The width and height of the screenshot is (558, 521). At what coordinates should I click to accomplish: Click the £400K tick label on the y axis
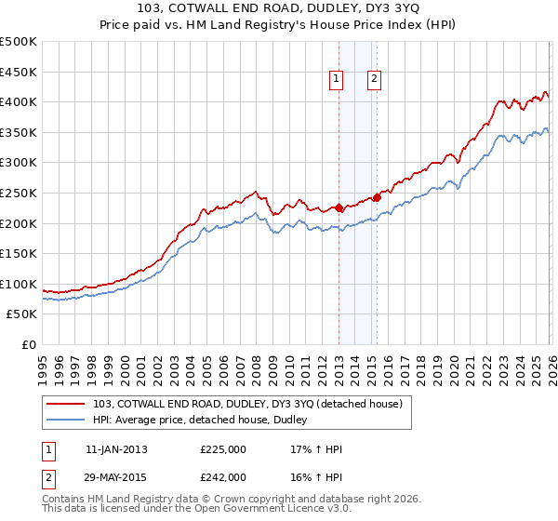(19, 102)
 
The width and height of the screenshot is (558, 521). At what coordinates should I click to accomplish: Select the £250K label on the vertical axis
(19, 193)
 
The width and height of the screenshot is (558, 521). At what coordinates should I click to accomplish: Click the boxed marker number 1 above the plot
(335, 80)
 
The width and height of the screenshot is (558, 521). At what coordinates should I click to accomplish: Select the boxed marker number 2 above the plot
(374, 80)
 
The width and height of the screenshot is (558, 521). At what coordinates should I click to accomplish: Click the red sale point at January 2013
(339, 208)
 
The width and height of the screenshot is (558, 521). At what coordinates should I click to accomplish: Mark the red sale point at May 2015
(378, 197)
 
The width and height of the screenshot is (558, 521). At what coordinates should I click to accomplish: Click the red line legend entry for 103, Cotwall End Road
(247, 404)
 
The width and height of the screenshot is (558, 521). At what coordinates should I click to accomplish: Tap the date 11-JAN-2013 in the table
(116, 449)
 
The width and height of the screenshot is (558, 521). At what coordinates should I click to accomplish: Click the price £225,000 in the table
(223, 449)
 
